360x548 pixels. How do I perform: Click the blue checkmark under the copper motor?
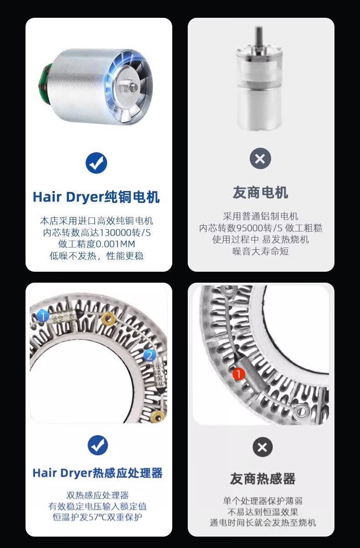click(96, 163)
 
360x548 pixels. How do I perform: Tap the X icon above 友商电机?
click(260, 159)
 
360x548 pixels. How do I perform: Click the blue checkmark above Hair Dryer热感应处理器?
click(98, 445)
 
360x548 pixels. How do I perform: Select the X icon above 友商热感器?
click(262, 447)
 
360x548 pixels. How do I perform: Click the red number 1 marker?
click(238, 373)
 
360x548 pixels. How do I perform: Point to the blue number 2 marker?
click(149, 355)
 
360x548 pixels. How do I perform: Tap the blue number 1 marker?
click(42, 316)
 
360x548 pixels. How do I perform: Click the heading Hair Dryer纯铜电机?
click(96, 197)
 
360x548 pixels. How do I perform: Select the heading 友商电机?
click(261, 192)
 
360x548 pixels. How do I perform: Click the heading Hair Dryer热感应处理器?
click(98, 473)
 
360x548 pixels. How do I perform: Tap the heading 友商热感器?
click(262, 479)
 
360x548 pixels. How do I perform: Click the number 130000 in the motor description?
click(115, 233)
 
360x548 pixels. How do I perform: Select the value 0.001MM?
click(115, 244)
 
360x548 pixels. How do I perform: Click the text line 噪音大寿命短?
click(261, 251)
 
